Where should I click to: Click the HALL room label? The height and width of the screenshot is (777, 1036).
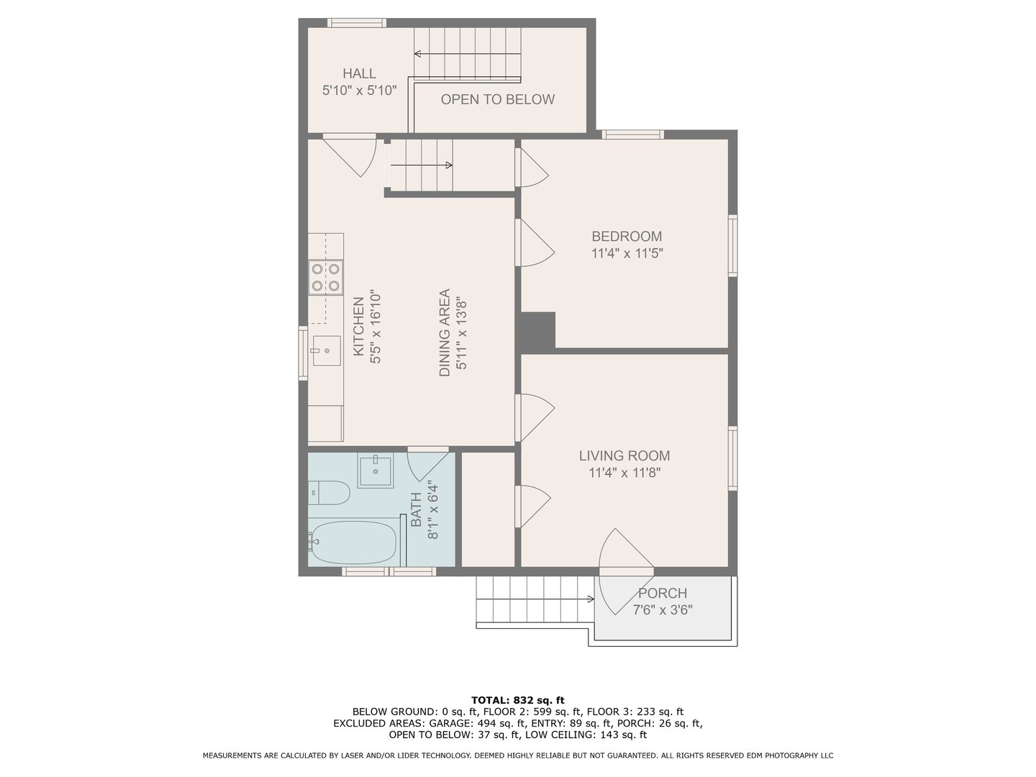tap(359, 73)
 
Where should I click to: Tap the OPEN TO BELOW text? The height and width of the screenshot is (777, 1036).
tap(497, 99)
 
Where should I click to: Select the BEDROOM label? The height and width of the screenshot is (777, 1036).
tap(626, 236)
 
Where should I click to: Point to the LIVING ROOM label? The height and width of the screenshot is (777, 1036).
tap(624, 455)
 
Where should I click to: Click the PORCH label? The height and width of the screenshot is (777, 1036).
tap(662, 594)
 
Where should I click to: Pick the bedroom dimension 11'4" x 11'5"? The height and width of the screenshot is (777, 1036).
tap(626, 253)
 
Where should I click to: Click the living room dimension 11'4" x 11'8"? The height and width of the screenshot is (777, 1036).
tap(624, 473)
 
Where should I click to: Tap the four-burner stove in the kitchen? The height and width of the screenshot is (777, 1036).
tap(324, 277)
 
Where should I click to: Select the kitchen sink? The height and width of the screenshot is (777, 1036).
tap(326, 350)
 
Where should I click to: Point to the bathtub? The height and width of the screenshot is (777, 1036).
tap(353, 543)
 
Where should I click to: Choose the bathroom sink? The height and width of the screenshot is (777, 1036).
tap(375, 471)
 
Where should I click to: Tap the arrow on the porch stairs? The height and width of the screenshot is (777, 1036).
tap(590, 599)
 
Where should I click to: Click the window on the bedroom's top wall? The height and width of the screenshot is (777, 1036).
tap(632, 134)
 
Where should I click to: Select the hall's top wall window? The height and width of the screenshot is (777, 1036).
tap(356, 23)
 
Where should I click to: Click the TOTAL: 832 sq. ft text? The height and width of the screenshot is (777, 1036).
tap(518, 700)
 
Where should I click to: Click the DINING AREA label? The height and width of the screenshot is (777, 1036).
tap(445, 332)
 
